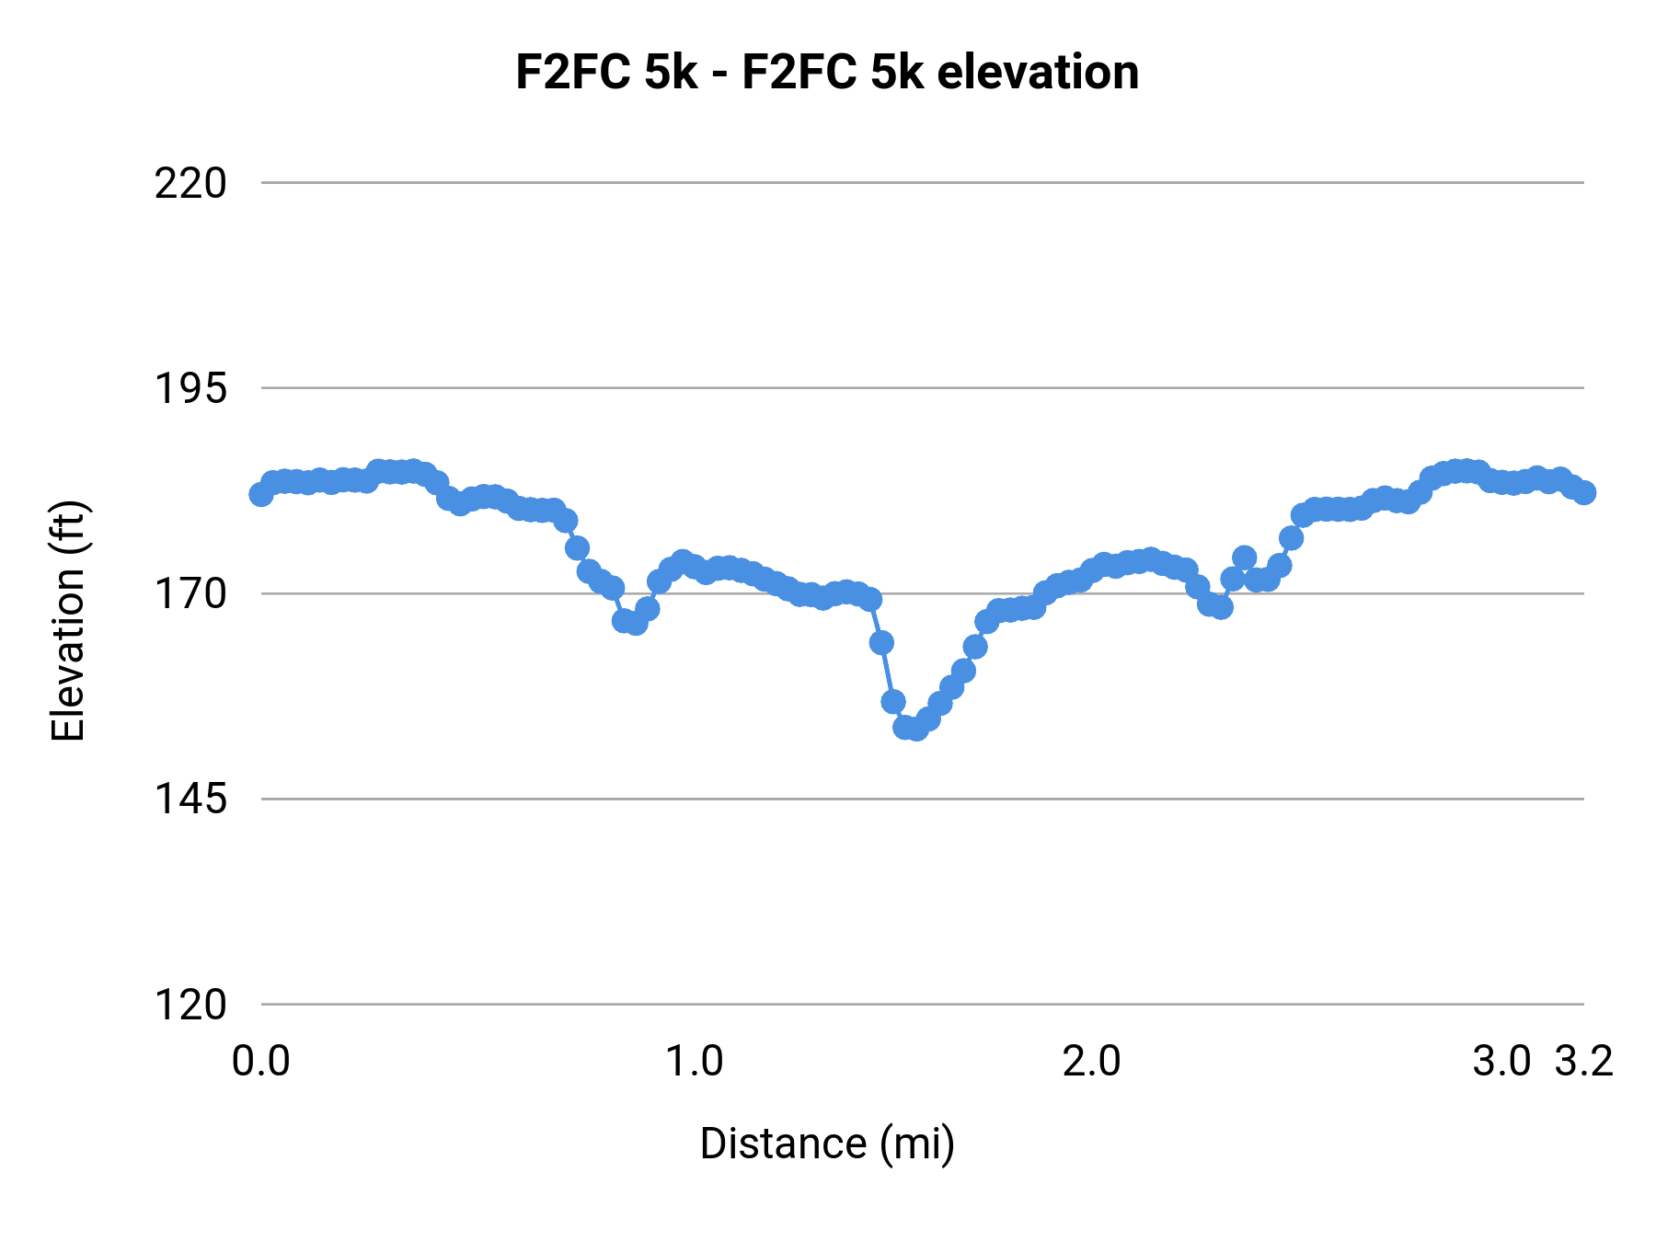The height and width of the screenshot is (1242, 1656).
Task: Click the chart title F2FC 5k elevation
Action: click(x=826, y=72)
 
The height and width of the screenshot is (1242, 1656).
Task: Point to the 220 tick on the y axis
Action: click(x=190, y=184)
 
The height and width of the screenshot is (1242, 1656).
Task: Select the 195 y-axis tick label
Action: click(x=190, y=389)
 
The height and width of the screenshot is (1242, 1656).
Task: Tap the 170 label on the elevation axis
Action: click(x=190, y=594)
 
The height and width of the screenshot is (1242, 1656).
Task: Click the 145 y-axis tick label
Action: click(x=190, y=799)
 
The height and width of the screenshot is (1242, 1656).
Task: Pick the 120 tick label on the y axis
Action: click(x=190, y=1005)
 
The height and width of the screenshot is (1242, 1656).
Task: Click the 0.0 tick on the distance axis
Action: click(x=261, y=1062)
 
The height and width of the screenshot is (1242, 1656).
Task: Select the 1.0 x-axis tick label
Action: click(x=695, y=1062)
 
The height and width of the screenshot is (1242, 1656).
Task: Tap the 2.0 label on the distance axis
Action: click(x=1092, y=1062)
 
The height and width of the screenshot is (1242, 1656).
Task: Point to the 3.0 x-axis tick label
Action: click(x=1501, y=1062)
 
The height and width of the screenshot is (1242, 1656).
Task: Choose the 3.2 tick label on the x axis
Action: click(x=1584, y=1062)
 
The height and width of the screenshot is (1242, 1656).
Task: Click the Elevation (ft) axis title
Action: click(x=68, y=621)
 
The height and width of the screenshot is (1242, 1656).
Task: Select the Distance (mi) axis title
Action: click(x=827, y=1144)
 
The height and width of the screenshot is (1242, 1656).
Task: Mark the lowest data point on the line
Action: click(x=915, y=729)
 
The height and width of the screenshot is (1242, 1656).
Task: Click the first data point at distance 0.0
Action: click(x=261, y=494)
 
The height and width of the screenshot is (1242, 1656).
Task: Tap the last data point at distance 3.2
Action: click(x=1584, y=492)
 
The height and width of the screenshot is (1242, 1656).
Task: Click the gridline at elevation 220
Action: click(x=920, y=183)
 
